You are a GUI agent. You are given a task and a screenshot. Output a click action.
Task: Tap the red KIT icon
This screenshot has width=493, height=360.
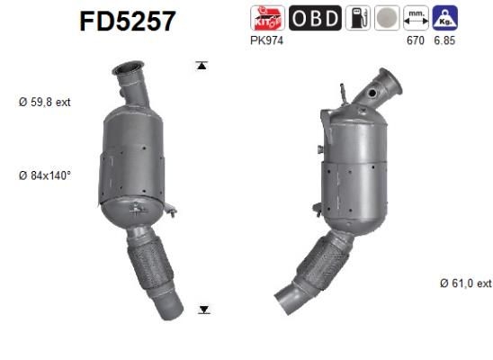267,18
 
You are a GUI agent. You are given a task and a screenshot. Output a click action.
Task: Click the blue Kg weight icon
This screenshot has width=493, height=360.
443,18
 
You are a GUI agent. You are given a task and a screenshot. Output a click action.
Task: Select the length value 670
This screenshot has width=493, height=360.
416,40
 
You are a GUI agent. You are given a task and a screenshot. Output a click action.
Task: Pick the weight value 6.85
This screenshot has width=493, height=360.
444,40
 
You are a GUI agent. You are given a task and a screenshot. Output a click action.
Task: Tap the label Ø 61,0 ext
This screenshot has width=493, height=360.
465,283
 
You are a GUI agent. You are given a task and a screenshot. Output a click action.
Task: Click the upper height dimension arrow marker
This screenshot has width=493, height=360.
203,65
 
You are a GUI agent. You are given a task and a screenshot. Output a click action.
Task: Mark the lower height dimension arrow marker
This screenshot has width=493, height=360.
203,310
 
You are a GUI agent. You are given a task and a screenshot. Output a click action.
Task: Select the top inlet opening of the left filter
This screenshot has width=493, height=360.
128,67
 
